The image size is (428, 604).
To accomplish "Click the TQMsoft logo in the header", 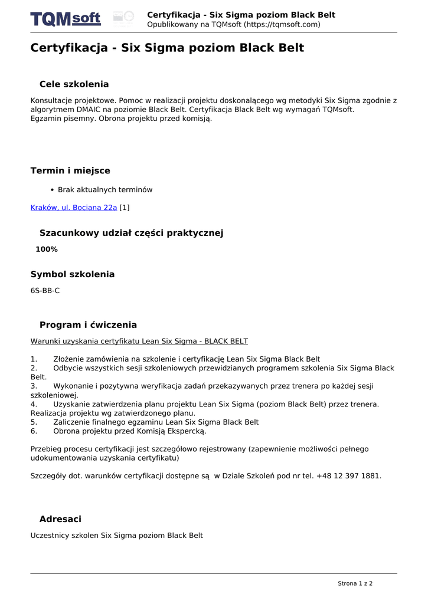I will coord(66,19).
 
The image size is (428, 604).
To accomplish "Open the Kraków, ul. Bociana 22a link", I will coord(74,208).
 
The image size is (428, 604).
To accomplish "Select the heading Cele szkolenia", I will coord(74,84).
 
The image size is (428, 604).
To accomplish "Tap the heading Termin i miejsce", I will coord(70,171).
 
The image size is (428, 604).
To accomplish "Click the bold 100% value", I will coord(47,250).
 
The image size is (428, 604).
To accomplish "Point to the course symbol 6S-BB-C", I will coord(45,291).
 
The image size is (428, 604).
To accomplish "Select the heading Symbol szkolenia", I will coord(73,274).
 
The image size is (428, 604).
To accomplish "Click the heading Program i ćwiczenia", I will coord(88,325).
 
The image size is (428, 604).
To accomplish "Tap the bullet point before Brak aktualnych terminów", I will coord(53,190).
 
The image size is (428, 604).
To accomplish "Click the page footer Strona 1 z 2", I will coord(355,583).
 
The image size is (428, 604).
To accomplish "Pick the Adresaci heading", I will coord(60,519).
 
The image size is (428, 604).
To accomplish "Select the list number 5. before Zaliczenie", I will coord(34,422).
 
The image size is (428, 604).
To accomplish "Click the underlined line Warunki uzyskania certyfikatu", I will coord(139,342).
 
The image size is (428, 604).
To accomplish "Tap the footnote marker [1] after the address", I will coord(125,208).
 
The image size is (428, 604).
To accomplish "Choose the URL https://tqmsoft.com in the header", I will coord(282,25).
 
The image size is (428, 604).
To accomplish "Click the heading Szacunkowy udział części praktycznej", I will coord(131,233).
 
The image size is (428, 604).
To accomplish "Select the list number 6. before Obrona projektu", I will coord(34,431).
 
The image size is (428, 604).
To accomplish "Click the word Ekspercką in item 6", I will coord(186,431).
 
